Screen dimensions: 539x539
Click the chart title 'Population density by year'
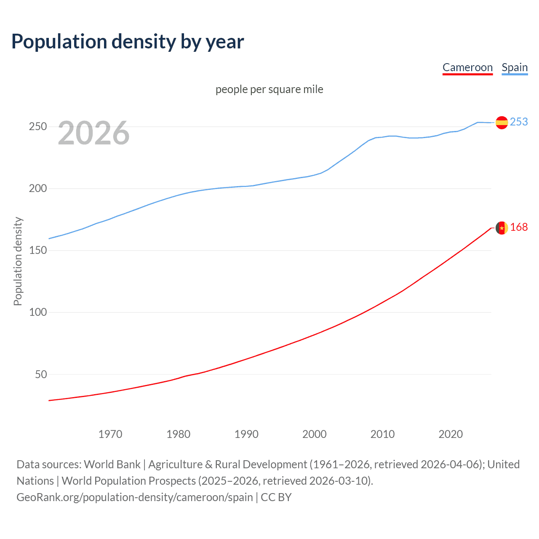point(128,42)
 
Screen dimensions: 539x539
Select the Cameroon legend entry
point(467,67)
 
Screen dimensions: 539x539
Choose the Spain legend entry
point(515,67)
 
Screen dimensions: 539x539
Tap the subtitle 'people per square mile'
point(269,89)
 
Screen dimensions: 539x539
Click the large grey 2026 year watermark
point(93,133)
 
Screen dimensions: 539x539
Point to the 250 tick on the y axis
point(38,126)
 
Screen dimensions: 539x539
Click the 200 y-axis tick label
point(38,188)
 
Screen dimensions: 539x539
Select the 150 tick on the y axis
point(38,250)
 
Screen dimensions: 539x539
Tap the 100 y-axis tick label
point(38,312)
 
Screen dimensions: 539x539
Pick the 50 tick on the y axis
point(41,374)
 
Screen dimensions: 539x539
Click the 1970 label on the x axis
point(110,434)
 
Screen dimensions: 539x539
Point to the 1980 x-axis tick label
point(178,434)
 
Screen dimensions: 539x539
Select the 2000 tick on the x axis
point(314,434)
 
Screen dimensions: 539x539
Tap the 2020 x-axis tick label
point(451,434)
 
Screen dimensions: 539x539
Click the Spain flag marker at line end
point(502,123)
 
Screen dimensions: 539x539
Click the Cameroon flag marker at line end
point(502,228)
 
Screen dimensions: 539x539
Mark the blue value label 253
point(519,122)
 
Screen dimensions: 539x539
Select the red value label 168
point(519,227)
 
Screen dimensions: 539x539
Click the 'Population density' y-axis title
point(18,261)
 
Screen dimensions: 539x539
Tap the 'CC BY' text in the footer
point(276,497)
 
